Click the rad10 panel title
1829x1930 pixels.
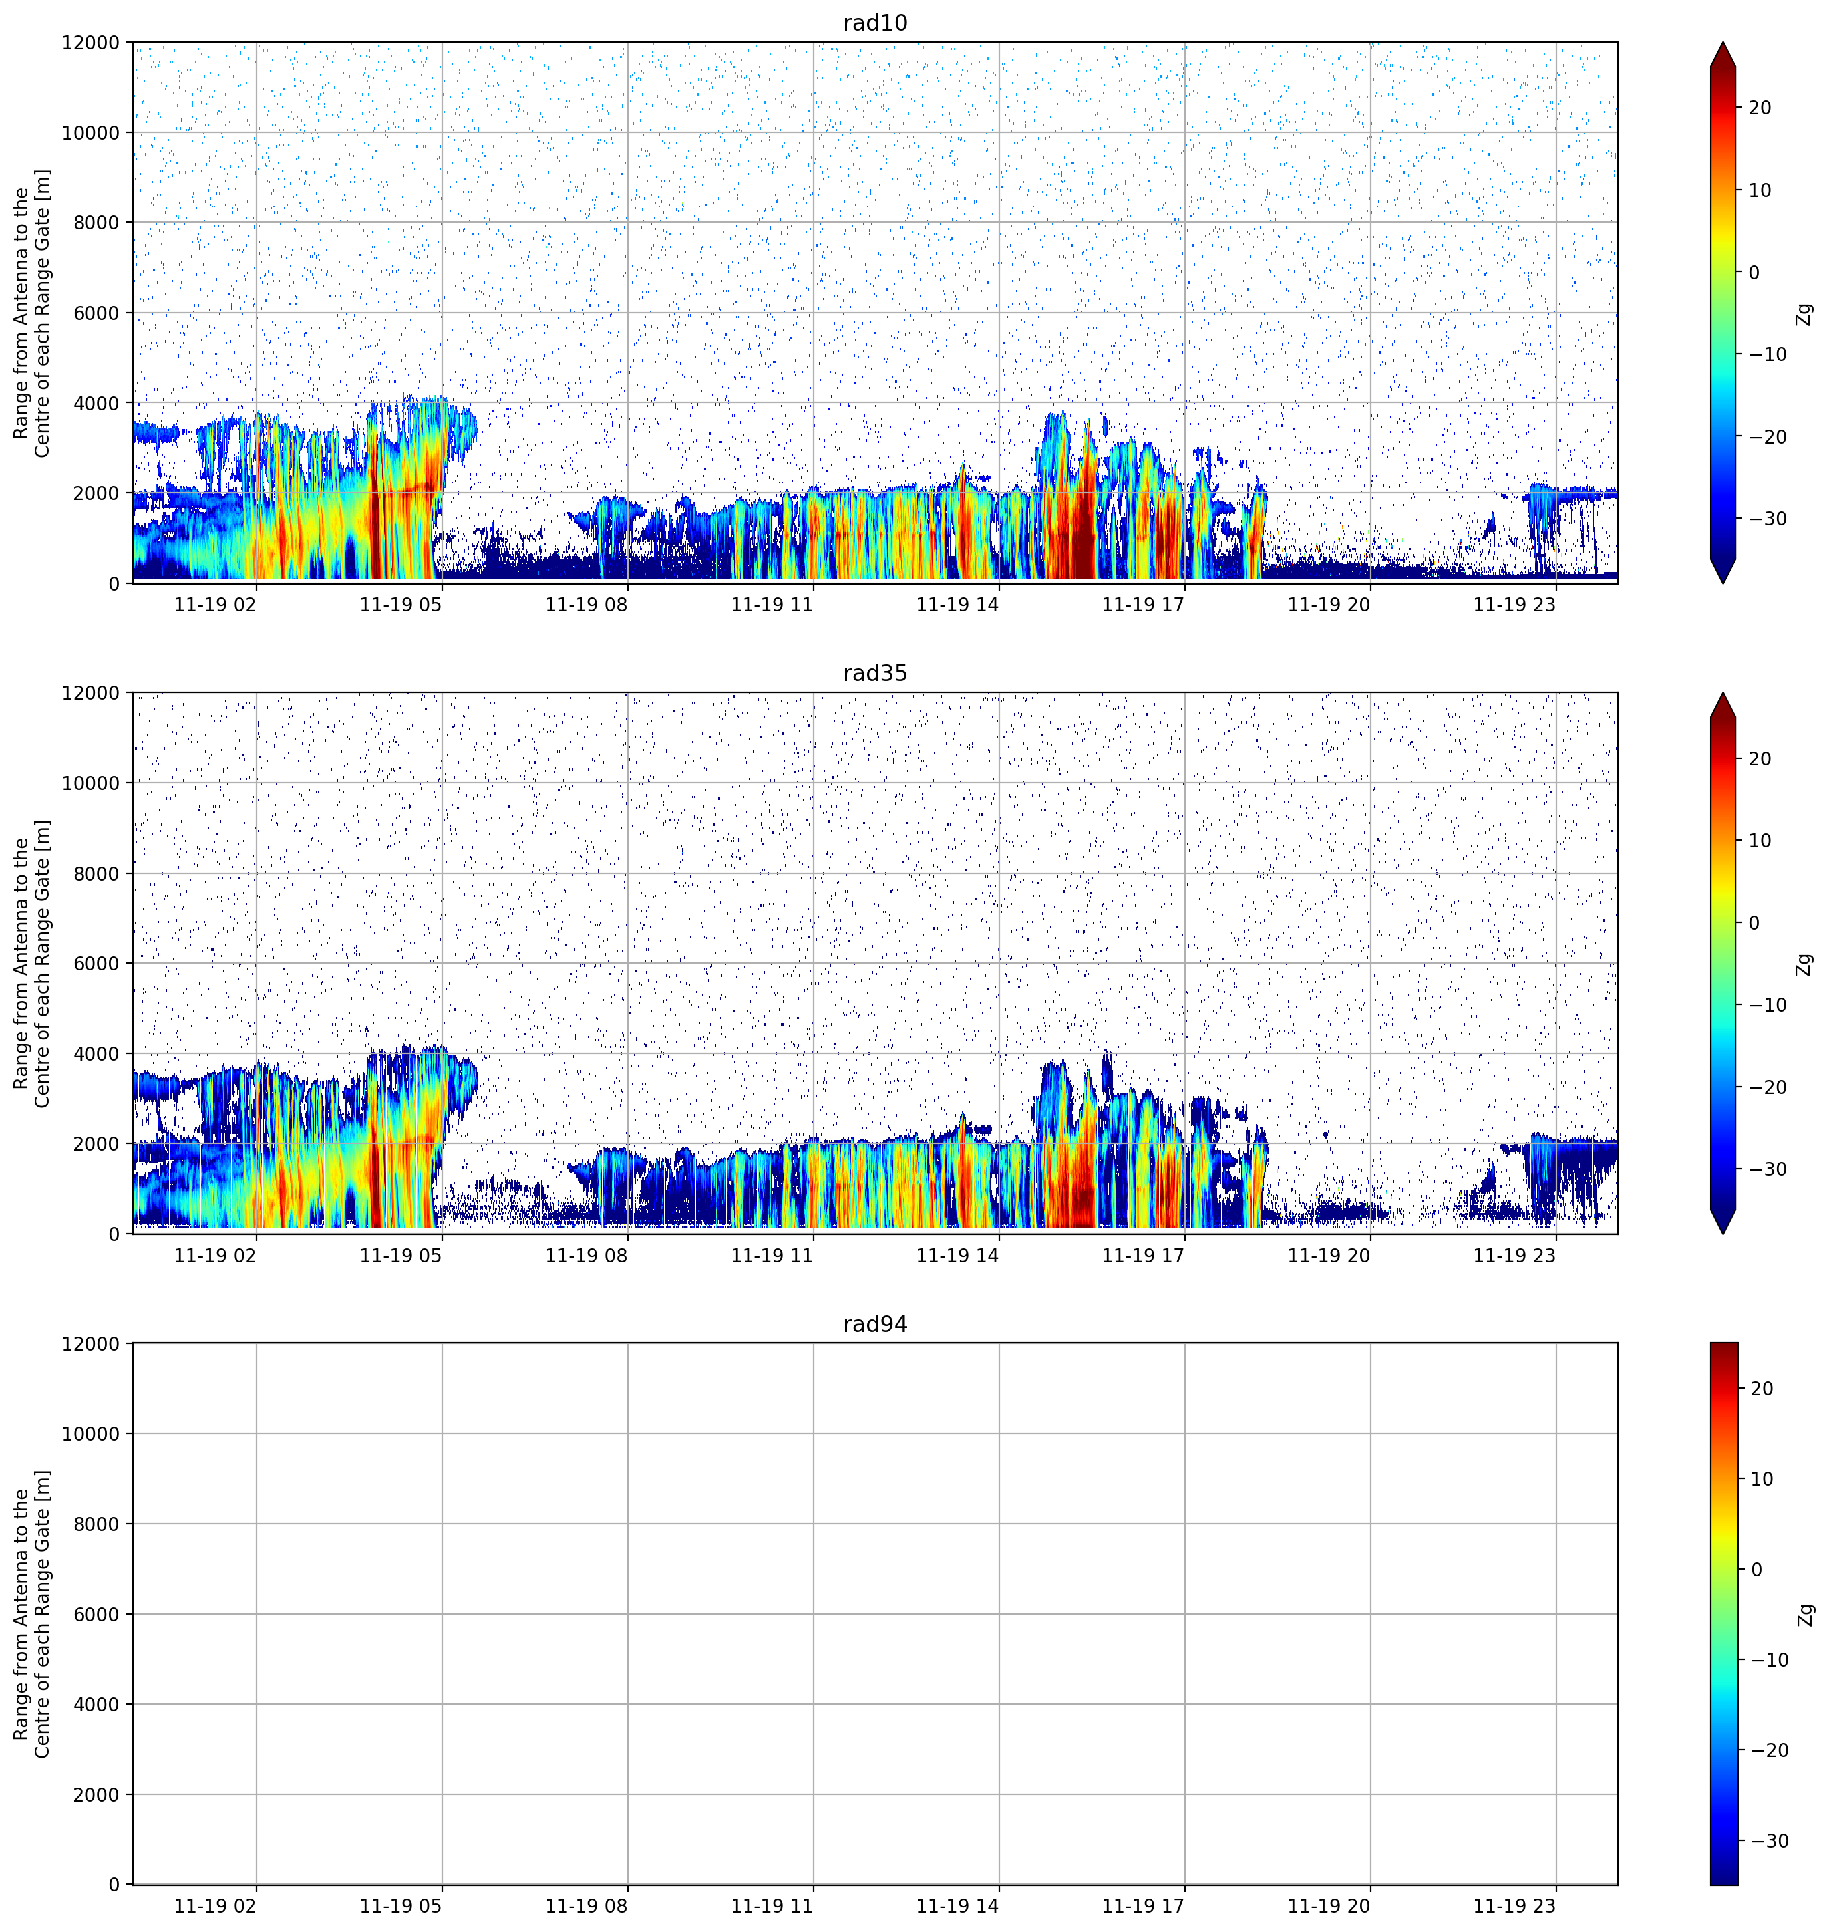click(x=874, y=23)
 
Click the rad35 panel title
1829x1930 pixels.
click(x=874, y=674)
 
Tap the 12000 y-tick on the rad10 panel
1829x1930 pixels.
click(x=90, y=43)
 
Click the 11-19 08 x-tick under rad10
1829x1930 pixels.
click(x=586, y=605)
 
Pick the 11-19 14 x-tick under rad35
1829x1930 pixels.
click(x=957, y=1256)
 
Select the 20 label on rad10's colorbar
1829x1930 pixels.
click(x=1760, y=108)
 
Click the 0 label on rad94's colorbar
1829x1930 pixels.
click(x=1757, y=1570)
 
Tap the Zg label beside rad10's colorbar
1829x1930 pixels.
click(x=1804, y=314)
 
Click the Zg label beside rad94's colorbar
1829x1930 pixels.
click(x=1804, y=1614)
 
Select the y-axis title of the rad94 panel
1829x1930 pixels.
click(x=31, y=1614)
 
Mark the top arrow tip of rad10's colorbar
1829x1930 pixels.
click(x=1723, y=42)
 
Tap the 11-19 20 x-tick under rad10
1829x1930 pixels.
click(x=1329, y=605)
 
